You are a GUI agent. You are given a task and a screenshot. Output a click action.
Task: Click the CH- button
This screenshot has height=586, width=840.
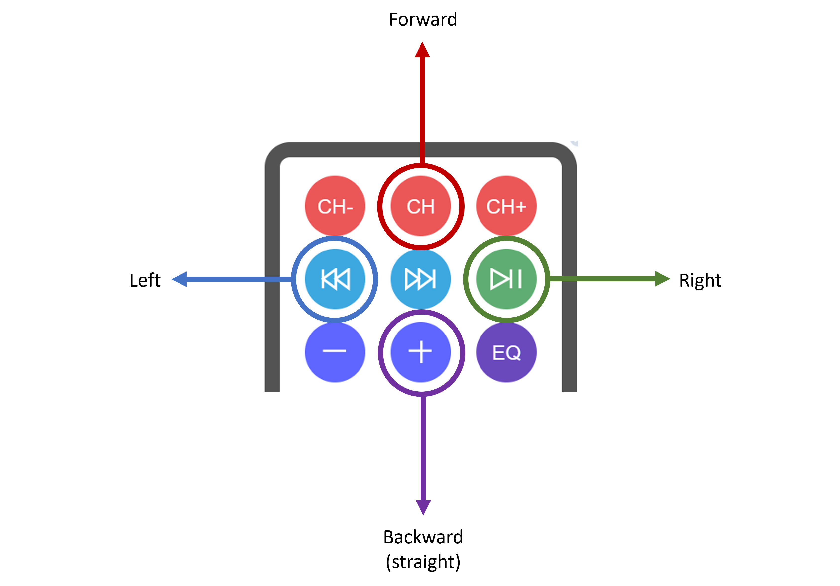335,206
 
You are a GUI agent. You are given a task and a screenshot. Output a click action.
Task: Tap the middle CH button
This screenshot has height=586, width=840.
421,206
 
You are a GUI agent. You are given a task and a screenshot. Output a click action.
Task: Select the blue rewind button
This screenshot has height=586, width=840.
335,279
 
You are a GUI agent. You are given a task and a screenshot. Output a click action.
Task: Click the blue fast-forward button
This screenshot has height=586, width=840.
421,279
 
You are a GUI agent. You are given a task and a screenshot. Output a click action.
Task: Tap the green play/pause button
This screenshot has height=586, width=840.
506,279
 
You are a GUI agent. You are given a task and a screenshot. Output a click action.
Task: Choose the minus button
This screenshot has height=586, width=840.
335,352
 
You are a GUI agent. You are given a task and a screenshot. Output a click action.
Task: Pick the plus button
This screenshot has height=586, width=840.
421,352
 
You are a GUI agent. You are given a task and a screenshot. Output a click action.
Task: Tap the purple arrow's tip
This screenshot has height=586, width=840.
423,514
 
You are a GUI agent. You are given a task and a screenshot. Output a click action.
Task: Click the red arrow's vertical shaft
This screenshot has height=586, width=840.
422,110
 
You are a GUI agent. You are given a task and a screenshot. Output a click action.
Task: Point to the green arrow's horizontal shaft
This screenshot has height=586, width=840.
604,279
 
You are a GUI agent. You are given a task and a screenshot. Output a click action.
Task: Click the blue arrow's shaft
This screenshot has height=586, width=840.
238,279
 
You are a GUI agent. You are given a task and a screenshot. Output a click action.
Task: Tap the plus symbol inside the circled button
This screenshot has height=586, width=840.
420,352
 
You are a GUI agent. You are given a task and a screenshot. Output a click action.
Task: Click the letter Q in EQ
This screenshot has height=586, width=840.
513,353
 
